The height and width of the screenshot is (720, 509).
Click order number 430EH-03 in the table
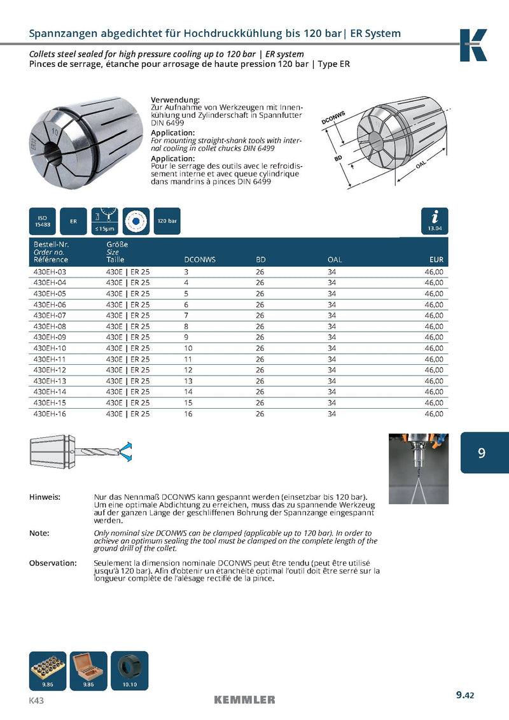tap(49, 272)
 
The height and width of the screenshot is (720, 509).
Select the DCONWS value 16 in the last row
tap(188, 414)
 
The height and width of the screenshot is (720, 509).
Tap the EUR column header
tap(436, 260)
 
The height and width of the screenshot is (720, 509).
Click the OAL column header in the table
tap(334, 260)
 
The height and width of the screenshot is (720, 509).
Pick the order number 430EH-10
tap(49, 348)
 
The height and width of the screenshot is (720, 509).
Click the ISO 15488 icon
tap(43, 221)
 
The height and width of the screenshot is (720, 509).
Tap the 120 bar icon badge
tap(167, 221)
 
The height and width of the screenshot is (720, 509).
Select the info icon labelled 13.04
tap(435, 220)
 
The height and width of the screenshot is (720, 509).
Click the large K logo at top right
tap(473, 45)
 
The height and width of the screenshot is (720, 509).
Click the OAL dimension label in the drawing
tap(421, 165)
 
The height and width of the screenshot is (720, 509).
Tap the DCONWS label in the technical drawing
tap(333, 118)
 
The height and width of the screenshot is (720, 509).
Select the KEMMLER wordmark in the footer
tap(244, 700)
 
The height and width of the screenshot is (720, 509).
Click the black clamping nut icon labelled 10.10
tap(129, 669)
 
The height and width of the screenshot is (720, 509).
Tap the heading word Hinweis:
tap(45, 497)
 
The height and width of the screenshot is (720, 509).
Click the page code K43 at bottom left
tap(36, 700)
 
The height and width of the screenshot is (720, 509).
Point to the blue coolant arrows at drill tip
tap(127, 451)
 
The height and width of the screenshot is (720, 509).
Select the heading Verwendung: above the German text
tap(175, 100)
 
